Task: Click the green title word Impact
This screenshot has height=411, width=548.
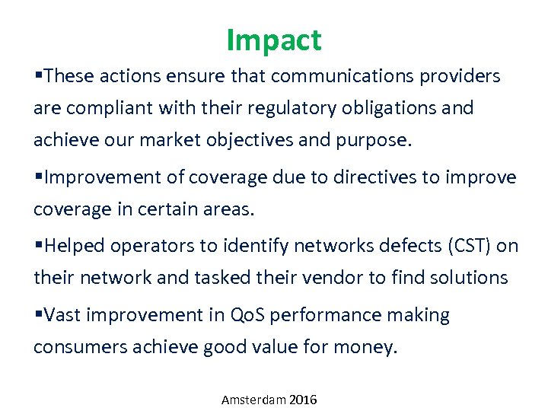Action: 274,40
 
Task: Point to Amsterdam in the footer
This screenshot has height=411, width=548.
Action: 253,400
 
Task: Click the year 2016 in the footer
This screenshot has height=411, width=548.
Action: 303,400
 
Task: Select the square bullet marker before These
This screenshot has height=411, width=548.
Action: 38,76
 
